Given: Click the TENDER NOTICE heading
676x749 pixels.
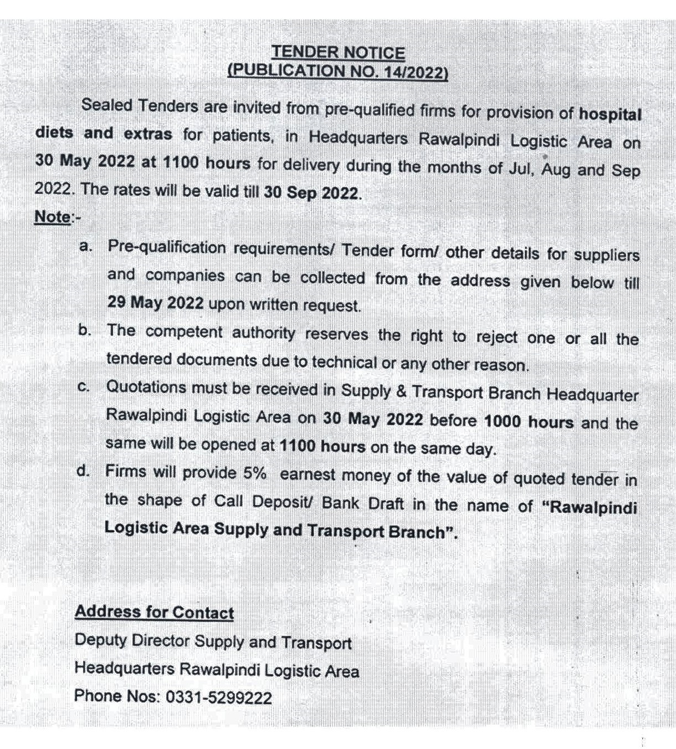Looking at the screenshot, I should pos(338,53).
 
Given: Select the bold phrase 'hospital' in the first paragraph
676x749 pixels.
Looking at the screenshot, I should pos(610,114).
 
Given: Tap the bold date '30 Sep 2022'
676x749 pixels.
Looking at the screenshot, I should pos(311,193).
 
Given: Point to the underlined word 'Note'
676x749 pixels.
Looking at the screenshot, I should pos(53,217).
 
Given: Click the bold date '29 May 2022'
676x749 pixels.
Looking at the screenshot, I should pos(156,303).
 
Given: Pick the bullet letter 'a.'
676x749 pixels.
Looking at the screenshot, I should pos(86,246).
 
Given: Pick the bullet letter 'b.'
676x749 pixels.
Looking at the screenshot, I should pos(85,330).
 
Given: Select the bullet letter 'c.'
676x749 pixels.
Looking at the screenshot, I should pos(84,387).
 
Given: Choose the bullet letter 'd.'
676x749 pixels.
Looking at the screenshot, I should pos(84,471).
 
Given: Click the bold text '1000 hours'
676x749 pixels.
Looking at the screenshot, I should pos(529,422).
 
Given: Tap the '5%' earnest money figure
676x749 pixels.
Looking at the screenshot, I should pos(255,473).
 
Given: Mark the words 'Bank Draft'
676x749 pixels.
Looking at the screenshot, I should pos(363,503).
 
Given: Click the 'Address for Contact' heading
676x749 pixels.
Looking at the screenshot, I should pos(154,612).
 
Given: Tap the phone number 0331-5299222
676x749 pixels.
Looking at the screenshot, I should pos(219,697).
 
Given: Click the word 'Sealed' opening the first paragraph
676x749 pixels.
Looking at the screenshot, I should pos(106,105).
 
